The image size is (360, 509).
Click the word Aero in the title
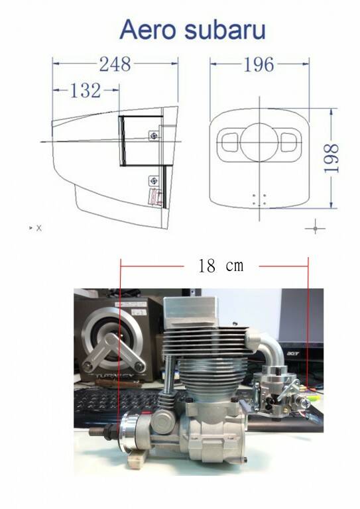point(149,30)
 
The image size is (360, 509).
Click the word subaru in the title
point(225,30)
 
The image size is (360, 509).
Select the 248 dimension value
point(115,64)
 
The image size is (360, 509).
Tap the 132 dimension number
point(86,90)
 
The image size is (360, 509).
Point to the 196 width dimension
point(259,64)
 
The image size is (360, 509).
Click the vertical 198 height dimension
point(331,158)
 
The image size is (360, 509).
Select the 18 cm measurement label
point(221,266)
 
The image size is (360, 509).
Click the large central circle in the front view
point(259,142)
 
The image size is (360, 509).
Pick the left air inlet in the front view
point(230,142)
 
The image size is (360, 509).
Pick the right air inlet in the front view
point(289,142)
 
